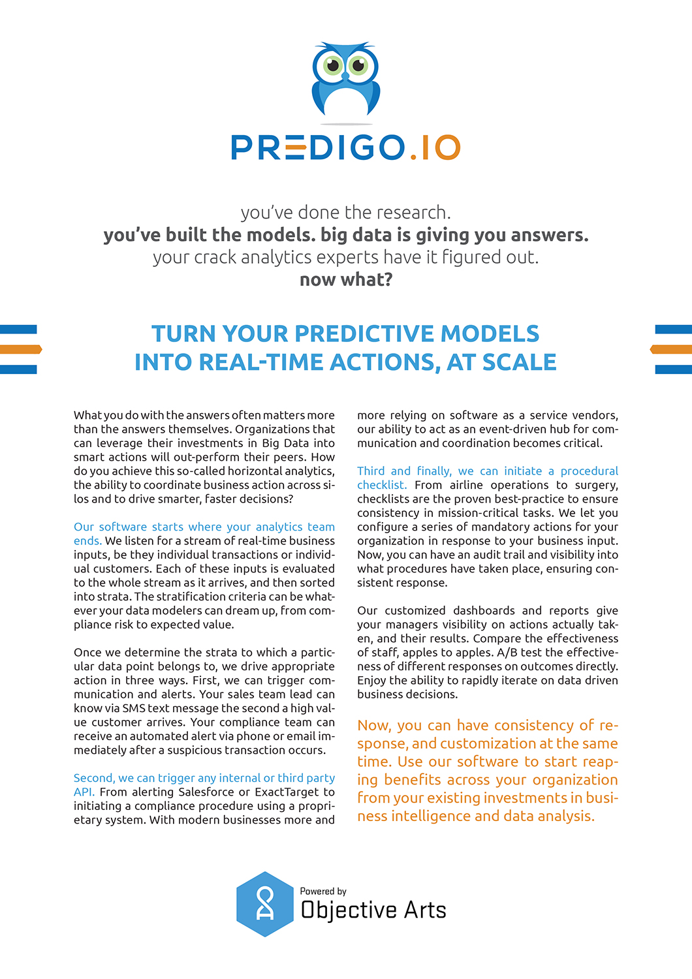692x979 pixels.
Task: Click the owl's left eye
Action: click(x=333, y=65)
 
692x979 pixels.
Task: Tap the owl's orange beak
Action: click(x=345, y=77)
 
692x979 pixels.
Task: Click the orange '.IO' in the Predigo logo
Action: click(x=435, y=148)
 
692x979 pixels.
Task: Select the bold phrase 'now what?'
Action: click(x=346, y=279)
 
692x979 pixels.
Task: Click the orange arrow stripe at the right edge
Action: click(x=672, y=349)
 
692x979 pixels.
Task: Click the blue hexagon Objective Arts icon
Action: click(x=265, y=905)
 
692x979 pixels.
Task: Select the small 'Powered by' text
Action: click(x=323, y=891)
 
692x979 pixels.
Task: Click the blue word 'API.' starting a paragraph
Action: click(x=84, y=792)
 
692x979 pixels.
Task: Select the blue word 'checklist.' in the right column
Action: click(x=382, y=485)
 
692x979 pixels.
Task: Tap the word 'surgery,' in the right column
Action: click(x=596, y=485)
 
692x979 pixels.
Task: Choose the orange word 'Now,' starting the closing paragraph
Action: click(x=373, y=725)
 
